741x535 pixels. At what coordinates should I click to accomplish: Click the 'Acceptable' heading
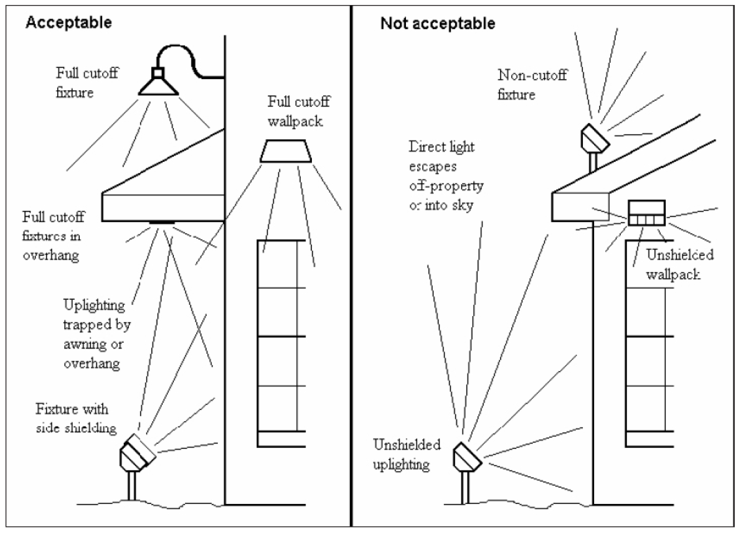(68, 24)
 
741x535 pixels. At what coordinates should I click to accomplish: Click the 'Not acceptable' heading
(438, 24)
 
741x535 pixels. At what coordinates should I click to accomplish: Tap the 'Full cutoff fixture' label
(87, 83)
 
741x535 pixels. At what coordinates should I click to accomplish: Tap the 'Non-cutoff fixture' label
(527, 85)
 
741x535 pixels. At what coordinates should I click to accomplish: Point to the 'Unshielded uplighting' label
(407, 454)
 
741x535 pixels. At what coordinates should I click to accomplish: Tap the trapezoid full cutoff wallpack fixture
(286, 151)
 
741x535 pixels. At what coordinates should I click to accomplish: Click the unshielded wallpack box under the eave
(646, 213)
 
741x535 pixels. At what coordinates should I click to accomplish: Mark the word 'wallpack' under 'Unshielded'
(681, 273)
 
